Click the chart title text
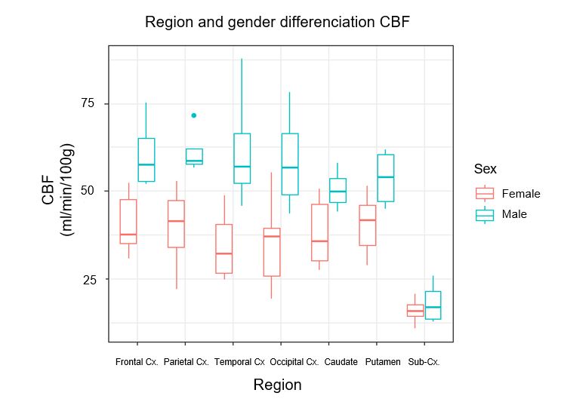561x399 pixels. [x=277, y=22]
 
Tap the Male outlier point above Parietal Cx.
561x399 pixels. [x=194, y=115]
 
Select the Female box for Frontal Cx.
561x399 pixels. [x=128, y=221]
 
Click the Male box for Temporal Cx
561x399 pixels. [x=242, y=158]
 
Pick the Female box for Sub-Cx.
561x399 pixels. [x=415, y=310]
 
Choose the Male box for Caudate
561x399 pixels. [x=338, y=190]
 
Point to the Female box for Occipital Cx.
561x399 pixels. [x=272, y=252]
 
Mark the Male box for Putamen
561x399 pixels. [x=386, y=178]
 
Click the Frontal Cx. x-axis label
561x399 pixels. [x=137, y=362]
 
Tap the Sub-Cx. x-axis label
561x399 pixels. [x=424, y=362]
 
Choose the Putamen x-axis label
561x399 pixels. [x=383, y=362]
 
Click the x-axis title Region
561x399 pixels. [x=277, y=385]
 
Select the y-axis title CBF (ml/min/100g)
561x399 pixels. [x=57, y=190]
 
